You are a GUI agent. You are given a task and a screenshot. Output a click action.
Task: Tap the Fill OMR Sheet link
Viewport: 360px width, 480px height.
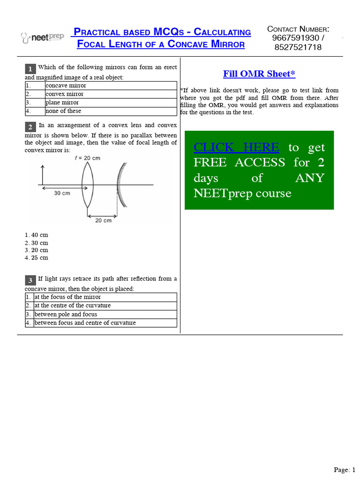pos(259,74)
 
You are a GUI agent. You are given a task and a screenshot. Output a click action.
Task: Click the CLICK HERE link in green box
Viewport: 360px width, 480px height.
pos(236,147)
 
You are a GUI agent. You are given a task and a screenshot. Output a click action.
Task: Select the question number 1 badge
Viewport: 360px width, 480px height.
pos(30,69)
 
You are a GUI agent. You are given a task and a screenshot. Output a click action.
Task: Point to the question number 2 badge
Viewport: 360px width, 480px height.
pos(30,127)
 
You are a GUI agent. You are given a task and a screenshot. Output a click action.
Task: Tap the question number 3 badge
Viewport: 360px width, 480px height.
pos(30,280)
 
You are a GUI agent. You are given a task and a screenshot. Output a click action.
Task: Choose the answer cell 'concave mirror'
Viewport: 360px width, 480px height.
pos(66,85)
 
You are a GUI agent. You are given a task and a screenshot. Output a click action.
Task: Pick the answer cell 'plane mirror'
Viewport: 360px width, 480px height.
pos(62,102)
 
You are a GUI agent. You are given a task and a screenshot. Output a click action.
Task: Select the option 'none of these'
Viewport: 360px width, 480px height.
pos(63,111)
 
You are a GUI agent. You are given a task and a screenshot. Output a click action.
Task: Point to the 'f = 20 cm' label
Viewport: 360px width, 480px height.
pos(87,158)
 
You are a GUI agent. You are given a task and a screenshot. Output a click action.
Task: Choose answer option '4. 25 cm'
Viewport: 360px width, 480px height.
pos(37,258)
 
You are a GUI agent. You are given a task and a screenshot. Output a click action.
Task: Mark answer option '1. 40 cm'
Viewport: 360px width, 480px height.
pos(37,235)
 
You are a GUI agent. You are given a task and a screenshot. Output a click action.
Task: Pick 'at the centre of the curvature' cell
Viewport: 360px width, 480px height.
pos(72,306)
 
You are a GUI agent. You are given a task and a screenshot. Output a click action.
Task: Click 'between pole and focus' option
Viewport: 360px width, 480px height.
pos(66,314)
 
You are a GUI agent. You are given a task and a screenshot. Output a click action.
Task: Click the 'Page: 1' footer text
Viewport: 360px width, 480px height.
pos(345,470)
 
